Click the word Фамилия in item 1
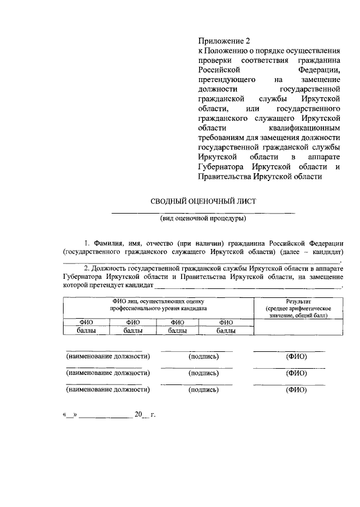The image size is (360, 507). [108, 243]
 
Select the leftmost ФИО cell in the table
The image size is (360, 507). [86, 322]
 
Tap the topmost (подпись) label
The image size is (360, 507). [203, 356]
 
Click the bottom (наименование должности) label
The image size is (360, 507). [108, 389]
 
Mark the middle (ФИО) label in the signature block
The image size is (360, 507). [296, 373]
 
